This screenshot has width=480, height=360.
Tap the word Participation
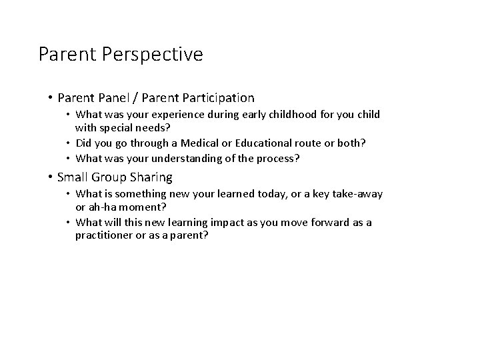pyautogui.click(x=215, y=98)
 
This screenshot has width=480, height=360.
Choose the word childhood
pyautogui.click(x=280, y=115)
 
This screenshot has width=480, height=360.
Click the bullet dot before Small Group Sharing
pyautogui.click(x=51, y=177)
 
